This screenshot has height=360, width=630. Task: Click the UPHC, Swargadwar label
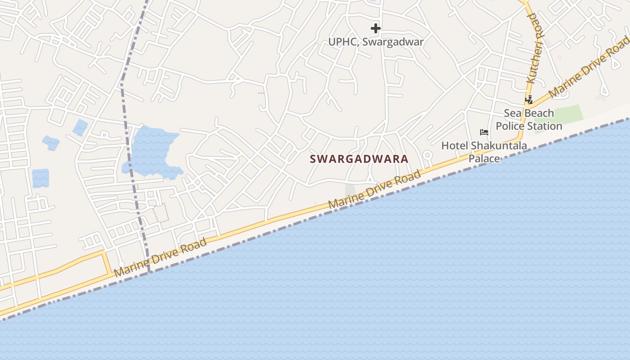376,42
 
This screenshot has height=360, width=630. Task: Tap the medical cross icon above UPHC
376,29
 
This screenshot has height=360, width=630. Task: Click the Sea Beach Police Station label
529,119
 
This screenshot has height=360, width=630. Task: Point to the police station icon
529,99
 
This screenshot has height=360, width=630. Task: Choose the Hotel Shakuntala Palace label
484,152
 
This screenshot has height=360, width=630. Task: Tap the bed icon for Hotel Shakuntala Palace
484,132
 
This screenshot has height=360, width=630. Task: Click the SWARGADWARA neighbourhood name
359,159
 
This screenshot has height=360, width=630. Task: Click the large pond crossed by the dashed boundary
151,151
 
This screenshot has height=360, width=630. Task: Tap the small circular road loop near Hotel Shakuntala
427,155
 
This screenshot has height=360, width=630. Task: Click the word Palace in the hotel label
484,158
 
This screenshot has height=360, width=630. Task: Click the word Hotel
455,146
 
